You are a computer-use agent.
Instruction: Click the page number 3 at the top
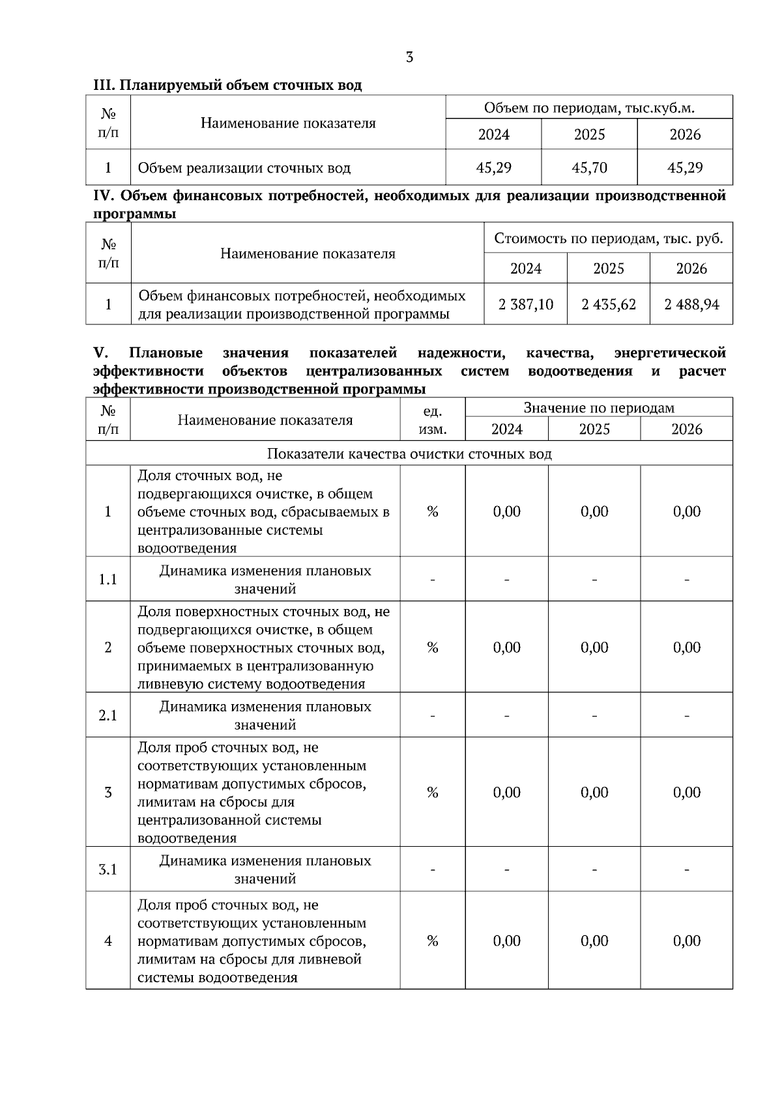click(409, 57)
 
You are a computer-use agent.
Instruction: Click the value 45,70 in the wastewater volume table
click(589, 168)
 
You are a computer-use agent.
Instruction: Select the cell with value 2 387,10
click(525, 304)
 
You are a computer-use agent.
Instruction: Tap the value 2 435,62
click(608, 304)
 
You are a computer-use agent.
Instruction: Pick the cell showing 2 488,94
click(691, 304)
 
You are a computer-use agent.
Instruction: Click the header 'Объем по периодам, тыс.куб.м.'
click(589, 107)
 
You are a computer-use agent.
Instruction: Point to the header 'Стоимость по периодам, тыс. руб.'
click(608, 238)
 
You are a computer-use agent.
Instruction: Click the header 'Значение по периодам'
click(598, 408)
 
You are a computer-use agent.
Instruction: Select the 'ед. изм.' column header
click(432, 420)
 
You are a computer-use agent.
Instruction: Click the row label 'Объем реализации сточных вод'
click(244, 168)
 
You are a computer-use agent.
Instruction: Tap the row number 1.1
click(108, 579)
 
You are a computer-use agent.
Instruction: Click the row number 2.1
click(108, 715)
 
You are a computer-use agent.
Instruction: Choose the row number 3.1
click(108, 869)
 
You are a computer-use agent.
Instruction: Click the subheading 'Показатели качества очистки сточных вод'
click(409, 453)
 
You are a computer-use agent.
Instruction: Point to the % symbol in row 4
click(432, 941)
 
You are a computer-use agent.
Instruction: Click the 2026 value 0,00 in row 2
click(686, 647)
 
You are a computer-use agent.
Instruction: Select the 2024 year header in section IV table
click(525, 268)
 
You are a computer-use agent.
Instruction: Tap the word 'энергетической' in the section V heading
click(669, 353)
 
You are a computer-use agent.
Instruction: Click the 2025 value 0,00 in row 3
click(594, 792)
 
